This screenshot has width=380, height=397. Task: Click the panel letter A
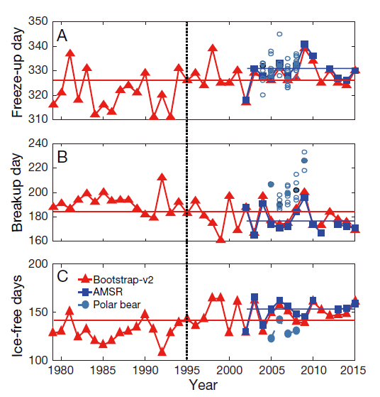coord(62,36)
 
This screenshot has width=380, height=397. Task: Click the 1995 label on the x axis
coord(186,371)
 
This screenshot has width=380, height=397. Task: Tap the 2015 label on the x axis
coord(355,371)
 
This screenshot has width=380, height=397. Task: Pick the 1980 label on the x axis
coord(61,371)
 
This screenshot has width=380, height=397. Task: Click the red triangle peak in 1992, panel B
coord(162,177)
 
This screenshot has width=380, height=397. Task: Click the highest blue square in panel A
coord(305,44)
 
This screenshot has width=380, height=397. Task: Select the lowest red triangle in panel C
coord(162,351)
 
